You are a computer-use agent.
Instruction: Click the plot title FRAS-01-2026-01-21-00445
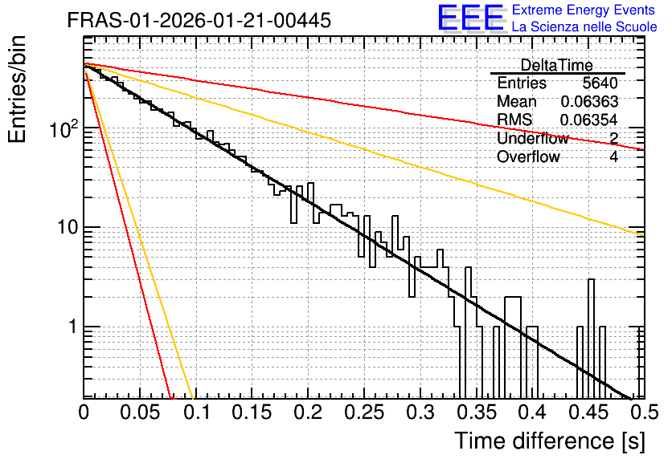coord(199,21)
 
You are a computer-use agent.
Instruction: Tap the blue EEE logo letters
coord(470,18)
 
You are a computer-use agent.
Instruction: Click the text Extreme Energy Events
coord(584,10)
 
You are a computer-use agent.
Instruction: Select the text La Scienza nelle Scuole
coord(584,27)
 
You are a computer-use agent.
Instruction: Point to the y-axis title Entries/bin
coord(17,89)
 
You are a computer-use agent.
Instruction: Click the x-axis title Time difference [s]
coord(550,441)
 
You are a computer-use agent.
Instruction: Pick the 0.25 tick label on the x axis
coord(364,412)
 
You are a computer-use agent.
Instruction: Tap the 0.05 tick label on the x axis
coord(140,412)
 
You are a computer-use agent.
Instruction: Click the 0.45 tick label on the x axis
coord(588,412)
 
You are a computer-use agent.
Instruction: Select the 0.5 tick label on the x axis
coord(645,412)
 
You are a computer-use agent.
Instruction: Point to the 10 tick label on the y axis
coord(68,227)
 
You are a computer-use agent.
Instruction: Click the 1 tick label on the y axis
coord(73,327)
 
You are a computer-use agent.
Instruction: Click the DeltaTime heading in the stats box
coord(557,65)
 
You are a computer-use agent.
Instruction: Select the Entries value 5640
coord(600,83)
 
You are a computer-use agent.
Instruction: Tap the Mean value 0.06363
coord(589,101)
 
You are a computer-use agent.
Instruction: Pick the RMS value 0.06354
coord(589,120)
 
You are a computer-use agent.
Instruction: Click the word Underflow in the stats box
coord(533,138)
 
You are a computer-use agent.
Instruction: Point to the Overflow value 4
coord(613,156)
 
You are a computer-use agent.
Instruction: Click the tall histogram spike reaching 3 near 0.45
coord(591,338)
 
